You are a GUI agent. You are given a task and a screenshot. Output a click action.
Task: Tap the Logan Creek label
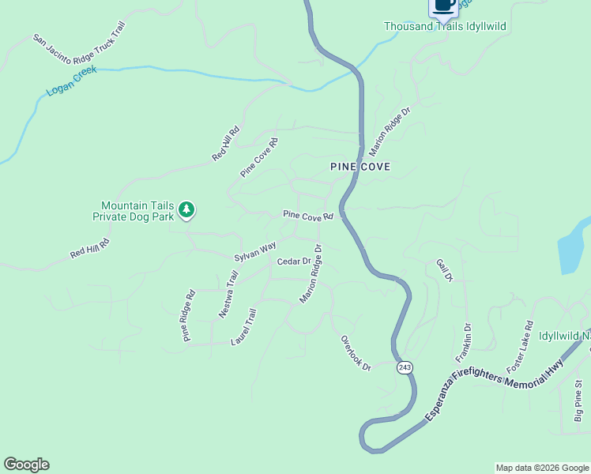pos(71,81)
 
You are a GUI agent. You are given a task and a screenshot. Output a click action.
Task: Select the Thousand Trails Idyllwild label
pos(445,26)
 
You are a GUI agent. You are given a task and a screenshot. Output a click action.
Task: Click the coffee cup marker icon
pos(443,5)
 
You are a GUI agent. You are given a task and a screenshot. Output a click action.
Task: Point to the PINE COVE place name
pos(360,167)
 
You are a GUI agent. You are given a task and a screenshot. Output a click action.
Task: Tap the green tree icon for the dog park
pos(186,209)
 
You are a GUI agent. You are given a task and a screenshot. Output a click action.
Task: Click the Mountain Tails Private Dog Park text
pos(133,210)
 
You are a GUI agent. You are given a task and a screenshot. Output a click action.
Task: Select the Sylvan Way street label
pos(255,252)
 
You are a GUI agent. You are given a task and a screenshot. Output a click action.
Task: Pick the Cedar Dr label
pos(294,261)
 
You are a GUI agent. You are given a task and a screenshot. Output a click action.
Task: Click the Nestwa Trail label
pos(228,295)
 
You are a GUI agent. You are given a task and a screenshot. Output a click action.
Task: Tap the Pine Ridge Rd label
pos(188,315)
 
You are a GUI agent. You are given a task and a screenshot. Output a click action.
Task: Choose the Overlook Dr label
pos(356,353)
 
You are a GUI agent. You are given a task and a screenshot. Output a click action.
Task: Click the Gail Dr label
pos(444,270)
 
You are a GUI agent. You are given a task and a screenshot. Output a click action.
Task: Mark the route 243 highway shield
pos(405,367)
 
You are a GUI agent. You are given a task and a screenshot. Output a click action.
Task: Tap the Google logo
pos(26,465)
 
